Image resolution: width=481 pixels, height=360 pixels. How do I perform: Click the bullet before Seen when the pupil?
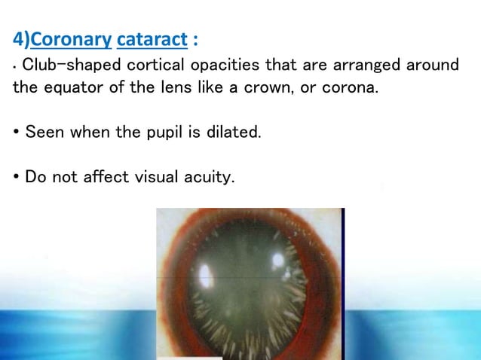click(17, 133)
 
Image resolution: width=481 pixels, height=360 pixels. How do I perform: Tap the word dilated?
click(235, 133)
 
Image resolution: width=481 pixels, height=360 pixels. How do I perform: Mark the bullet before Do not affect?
click(17, 178)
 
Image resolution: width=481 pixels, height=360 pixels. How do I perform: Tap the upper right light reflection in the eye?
click(277, 260)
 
